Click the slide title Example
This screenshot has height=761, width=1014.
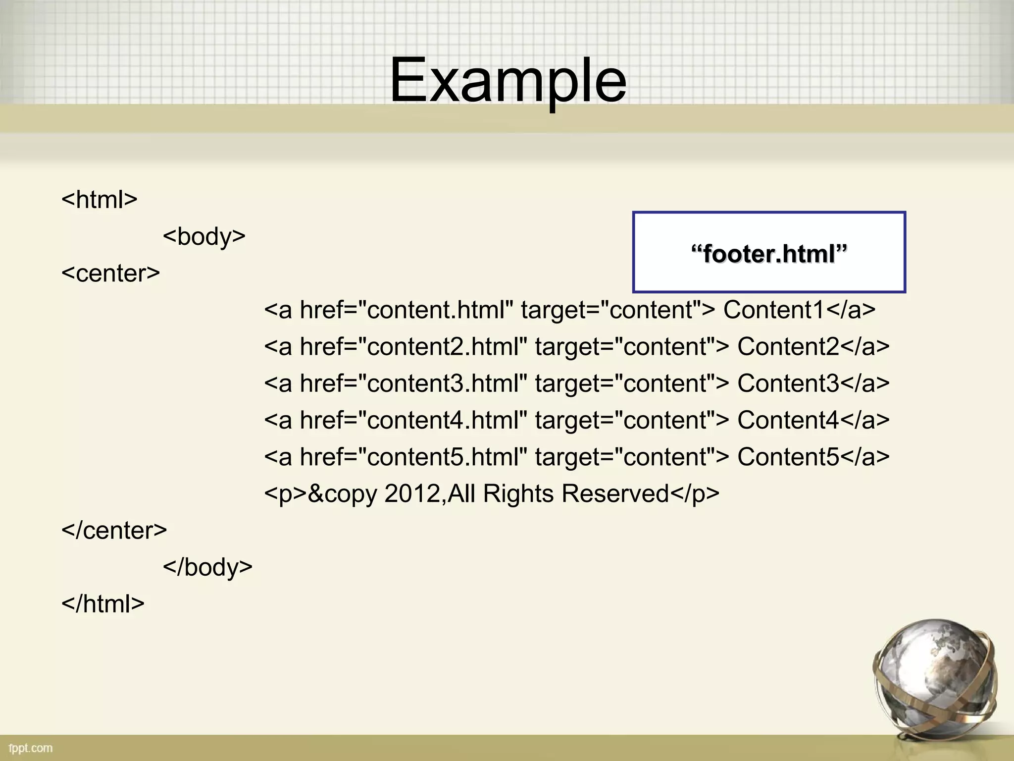click(x=508, y=80)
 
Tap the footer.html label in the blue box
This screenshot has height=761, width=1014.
click(x=769, y=254)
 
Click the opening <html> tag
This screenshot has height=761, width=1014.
click(x=100, y=199)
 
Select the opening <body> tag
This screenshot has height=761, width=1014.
click(x=204, y=236)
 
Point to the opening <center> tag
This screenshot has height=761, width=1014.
click(x=111, y=273)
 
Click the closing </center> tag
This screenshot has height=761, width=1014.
click(x=114, y=530)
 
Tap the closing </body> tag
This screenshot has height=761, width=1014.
click(x=207, y=567)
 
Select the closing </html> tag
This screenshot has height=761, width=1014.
click(x=103, y=603)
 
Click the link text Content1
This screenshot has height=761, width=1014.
click(x=773, y=310)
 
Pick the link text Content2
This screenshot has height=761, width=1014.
click(x=788, y=346)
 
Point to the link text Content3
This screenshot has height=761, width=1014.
click(x=788, y=383)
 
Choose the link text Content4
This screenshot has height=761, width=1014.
click(x=788, y=420)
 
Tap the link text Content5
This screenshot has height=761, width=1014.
click(x=788, y=457)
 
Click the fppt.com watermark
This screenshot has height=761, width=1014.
click(x=31, y=748)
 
